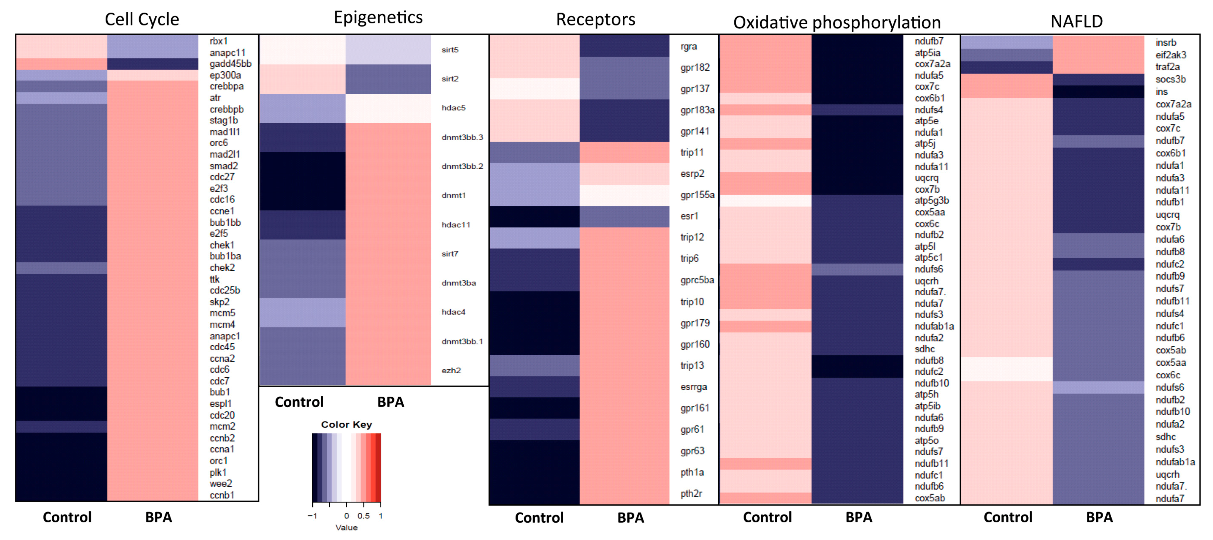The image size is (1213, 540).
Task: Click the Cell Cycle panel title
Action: pyautogui.click(x=142, y=19)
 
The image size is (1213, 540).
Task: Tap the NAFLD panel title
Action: pyautogui.click(x=1076, y=21)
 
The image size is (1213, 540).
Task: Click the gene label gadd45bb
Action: pyautogui.click(x=230, y=63)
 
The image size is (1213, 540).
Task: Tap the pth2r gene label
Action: pyautogui.click(x=691, y=493)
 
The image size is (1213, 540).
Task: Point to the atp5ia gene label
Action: pyautogui.click(x=927, y=53)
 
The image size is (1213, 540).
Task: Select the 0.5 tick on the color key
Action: pyautogui.click(x=363, y=516)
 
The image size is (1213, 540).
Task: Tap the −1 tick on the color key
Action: pyautogui.click(x=312, y=516)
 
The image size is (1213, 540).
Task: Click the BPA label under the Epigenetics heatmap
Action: pyautogui.click(x=390, y=402)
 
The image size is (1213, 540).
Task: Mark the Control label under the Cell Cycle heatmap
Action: pyautogui.click(x=67, y=517)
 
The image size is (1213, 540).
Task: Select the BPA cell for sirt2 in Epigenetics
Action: pyautogui.click(x=388, y=79)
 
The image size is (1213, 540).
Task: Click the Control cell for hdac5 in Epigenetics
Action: pyautogui.click(x=302, y=108)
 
